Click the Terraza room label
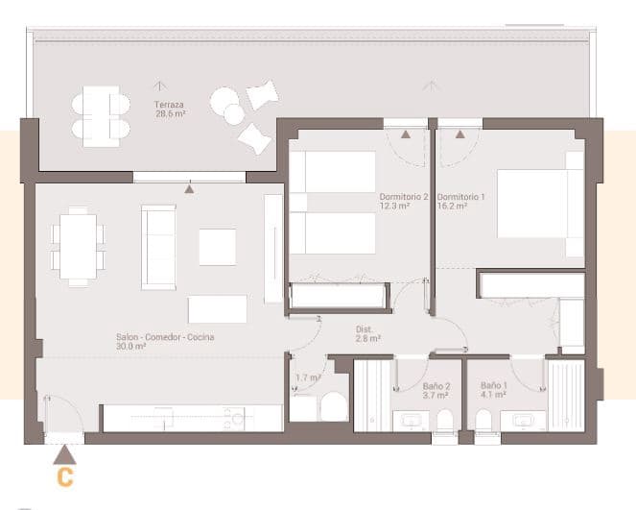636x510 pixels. point(169,104)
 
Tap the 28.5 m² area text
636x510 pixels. point(170,113)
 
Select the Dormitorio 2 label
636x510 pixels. point(401,197)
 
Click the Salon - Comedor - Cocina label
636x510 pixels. point(165,337)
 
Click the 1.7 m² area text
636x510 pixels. point(307,377)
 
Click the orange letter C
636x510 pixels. point(64,476)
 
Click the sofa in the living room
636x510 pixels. point(158,246)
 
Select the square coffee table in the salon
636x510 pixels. point(218,246)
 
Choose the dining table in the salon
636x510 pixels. point(78,246)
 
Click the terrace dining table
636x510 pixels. point(101,116)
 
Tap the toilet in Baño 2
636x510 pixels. point(445,422)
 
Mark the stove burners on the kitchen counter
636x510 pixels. point(234,417)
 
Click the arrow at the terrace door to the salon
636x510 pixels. point(190,189)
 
